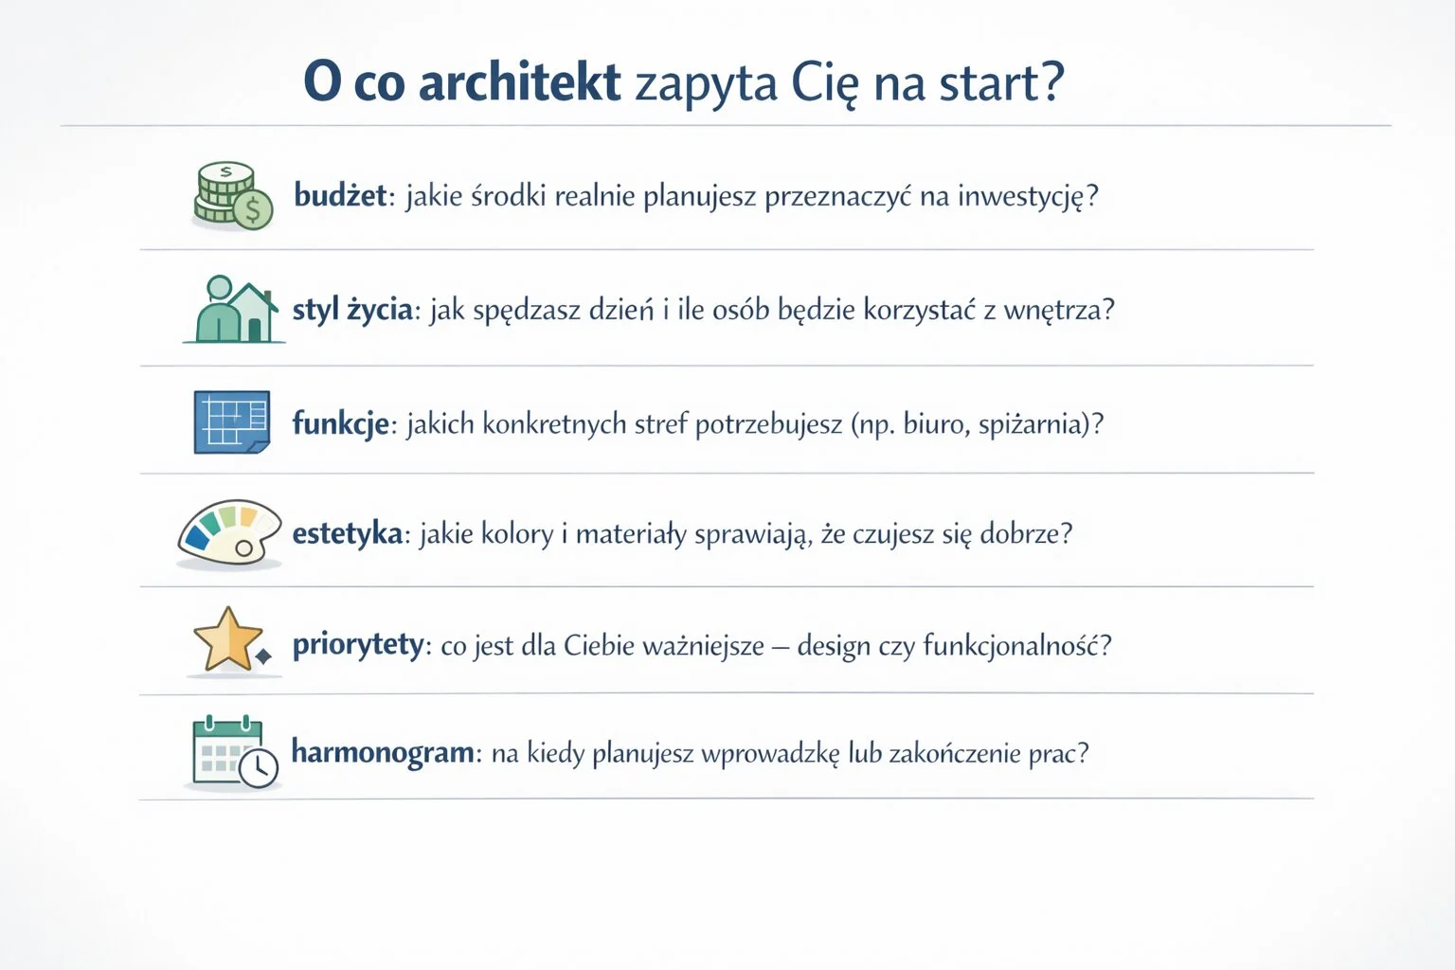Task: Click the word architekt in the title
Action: click(x=519, y=82)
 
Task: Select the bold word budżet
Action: click(x=340, y=196)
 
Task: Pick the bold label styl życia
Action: click(x=352, y=310)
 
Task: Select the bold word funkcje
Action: click(x=340, y=422)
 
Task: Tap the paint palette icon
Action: click(x=230, y=534)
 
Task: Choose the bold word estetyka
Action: click(x=348, y=533)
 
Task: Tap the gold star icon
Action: click(x=228, y=641)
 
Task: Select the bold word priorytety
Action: click(x=358, y=645)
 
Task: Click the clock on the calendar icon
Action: click(x=259, y=767)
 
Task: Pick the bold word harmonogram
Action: click(x=383, y=753)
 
